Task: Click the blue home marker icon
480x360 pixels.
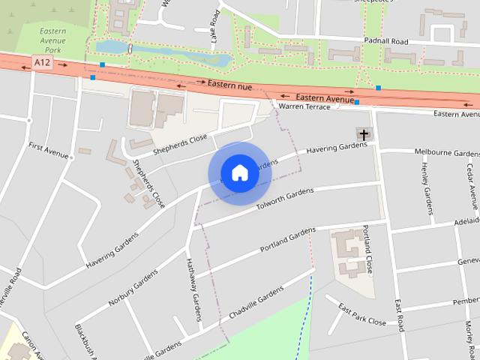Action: click(239, 172)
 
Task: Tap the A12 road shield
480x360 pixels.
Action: click(42, 65)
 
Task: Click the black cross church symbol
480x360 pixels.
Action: click(364, 135)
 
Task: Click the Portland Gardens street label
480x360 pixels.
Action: click(289, 240)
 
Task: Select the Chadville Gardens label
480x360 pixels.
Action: click(256, 302)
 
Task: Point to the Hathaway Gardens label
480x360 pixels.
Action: click(193, 289)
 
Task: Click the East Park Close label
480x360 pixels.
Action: click(361, 315)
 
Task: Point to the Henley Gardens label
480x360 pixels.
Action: click(427, 189)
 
